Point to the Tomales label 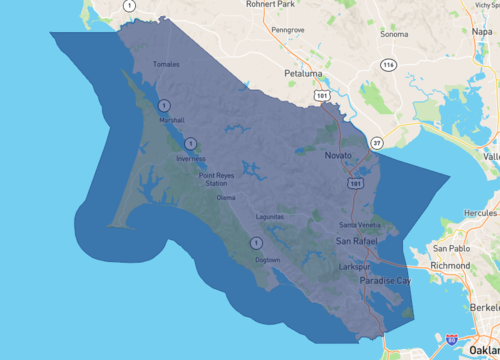click(x=165, y=65)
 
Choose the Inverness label click(x=190, y=159)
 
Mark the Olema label click(x=226, y=197)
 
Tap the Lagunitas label click(x=270, y=216)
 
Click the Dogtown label click(x=268, y=260)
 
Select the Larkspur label click(x=356, y=268)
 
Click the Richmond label click(x=450, y=267)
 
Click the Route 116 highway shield click(x=387, y=65)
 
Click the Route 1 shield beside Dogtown click(x=256, y=243)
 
